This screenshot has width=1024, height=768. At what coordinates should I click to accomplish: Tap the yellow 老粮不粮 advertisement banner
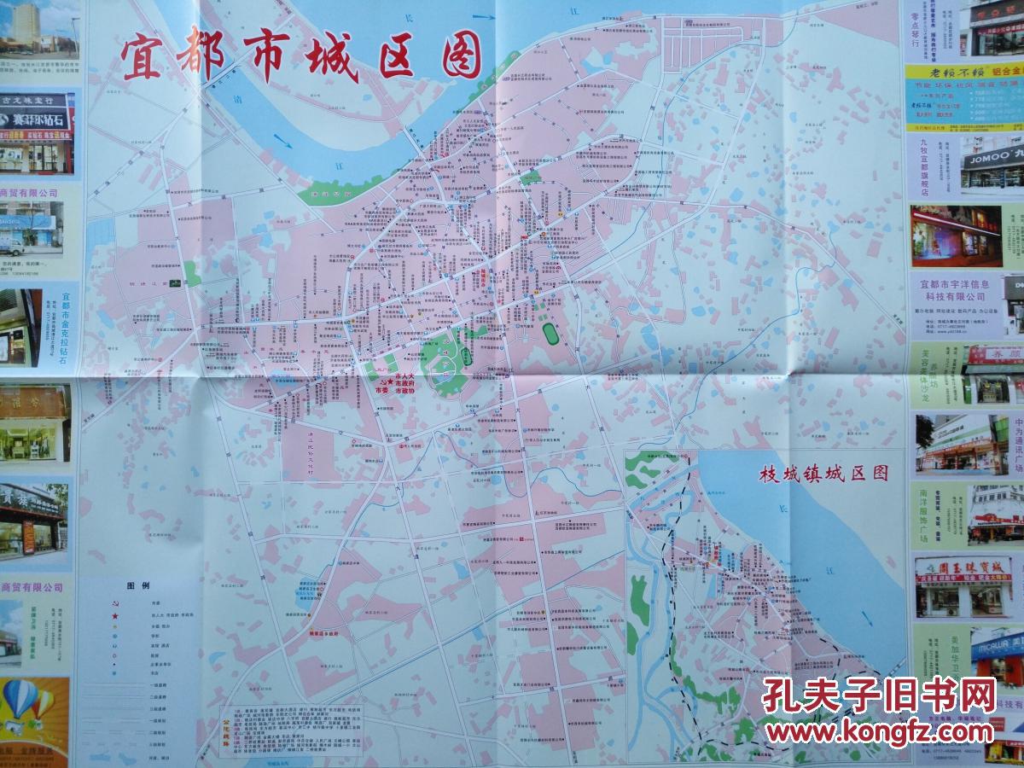coord(963,72)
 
